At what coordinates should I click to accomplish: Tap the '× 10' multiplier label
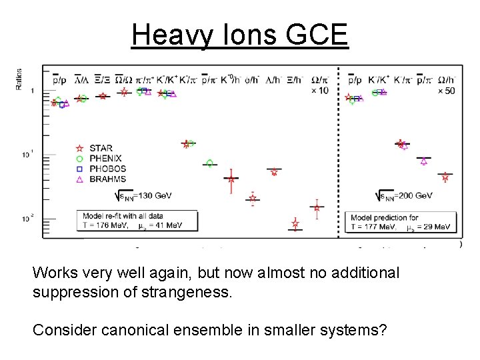coord(320,90)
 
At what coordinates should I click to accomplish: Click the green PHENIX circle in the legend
coord(79,159)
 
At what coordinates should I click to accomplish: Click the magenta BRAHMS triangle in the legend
coord(79,179)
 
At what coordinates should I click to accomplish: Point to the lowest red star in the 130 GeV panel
coord(295,225)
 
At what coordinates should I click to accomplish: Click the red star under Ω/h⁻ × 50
coord(445,177)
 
